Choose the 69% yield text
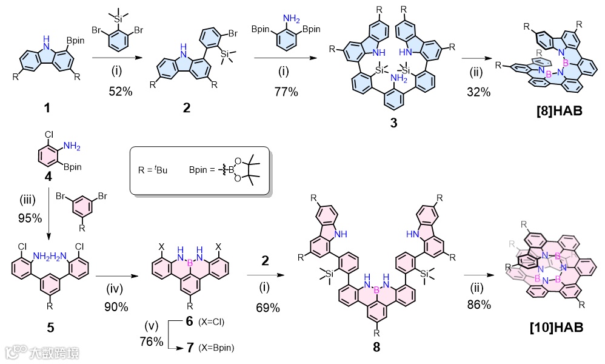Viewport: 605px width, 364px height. click(267, 308)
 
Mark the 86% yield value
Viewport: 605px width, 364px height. click(478, 305)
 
